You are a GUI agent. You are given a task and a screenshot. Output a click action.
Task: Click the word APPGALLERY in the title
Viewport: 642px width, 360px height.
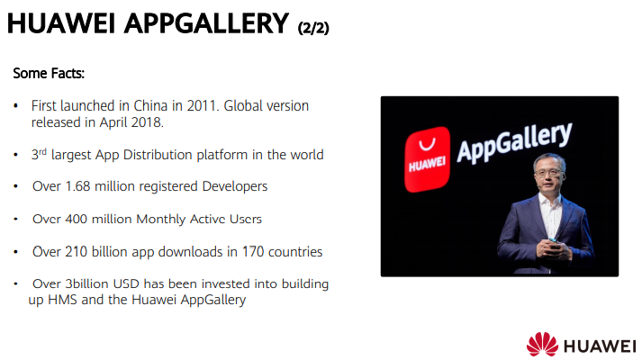tap(206, 23)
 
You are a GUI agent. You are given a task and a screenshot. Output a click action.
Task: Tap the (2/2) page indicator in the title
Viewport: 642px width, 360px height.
tap(313, 28)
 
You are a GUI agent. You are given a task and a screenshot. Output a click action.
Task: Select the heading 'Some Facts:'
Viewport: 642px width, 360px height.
tap(49, 74)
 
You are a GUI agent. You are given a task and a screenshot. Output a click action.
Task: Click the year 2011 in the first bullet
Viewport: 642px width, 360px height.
tap(201, 106)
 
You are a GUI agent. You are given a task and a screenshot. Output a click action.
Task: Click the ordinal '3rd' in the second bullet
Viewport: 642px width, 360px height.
tap(39, 155)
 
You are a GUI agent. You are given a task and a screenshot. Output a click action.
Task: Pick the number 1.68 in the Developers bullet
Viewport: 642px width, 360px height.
tap(77, 186)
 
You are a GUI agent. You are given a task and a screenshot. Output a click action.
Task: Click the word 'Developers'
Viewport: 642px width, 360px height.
tap(235, 186)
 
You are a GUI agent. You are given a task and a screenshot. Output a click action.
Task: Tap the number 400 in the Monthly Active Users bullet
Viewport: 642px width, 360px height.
tap(76, 220)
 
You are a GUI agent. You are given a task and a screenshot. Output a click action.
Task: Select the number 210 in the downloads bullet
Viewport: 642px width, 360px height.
tap(77, 252)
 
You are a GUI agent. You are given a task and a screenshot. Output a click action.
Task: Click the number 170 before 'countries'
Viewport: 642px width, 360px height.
tap(253, 252)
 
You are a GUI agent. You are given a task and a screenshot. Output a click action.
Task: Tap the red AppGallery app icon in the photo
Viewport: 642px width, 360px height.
tap(427, 159)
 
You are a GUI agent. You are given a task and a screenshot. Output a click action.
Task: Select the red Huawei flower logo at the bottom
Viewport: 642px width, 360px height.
tap(542, 344)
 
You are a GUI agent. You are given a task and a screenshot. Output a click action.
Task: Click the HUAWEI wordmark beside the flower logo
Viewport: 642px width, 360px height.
tap(600, 346)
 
